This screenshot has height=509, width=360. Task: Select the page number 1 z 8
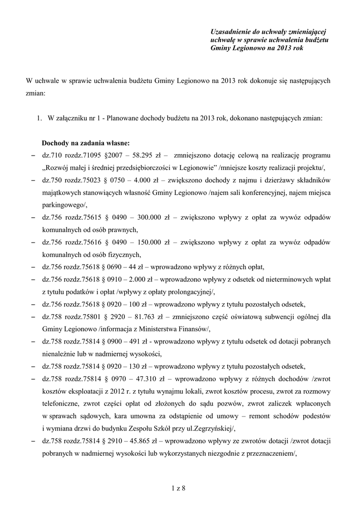tap(178, 489)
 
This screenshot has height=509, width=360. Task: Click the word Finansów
tap(182, 329)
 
